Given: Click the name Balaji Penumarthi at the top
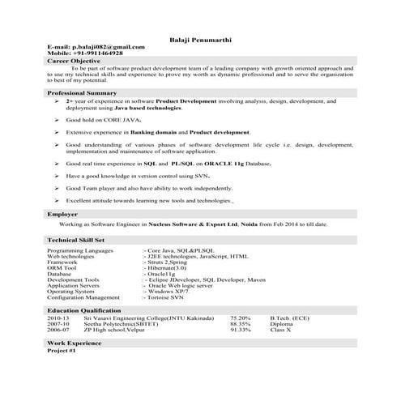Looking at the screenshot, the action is (200, 38).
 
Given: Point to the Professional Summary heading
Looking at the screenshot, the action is (82, 93).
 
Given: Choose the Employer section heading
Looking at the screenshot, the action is (63, 213).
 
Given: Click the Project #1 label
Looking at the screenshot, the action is (62, 351).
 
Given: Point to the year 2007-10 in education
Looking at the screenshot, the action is (59, 324).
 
